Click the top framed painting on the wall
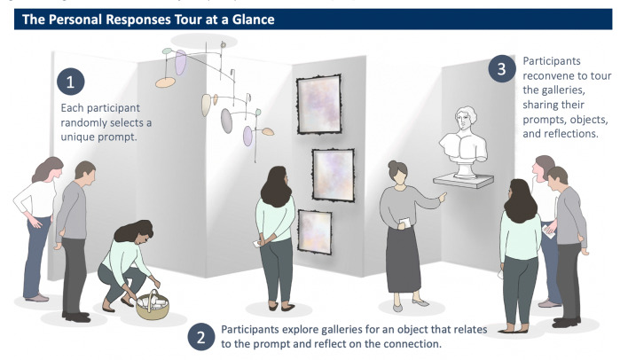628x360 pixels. pyautogui.click(x=318, y=105)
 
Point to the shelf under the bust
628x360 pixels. pyautogui.click(x=464, y=181)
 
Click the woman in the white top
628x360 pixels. pyautogui.click(x=35, y=222)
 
